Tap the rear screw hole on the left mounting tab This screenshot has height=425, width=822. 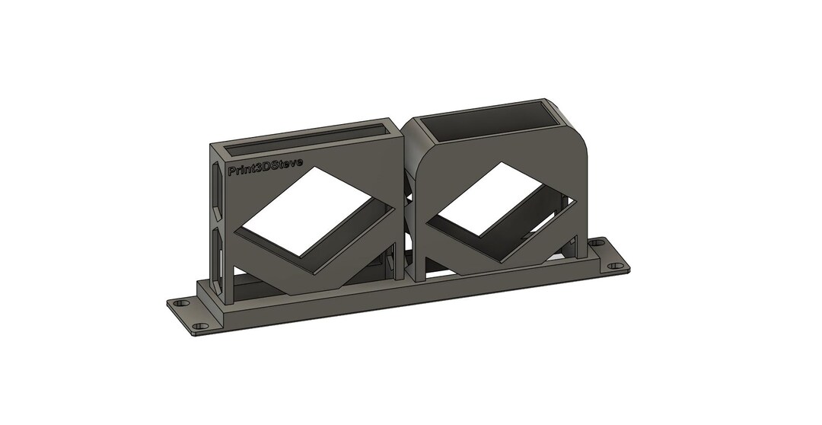pos(180,303)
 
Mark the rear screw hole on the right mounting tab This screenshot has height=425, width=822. pos(597,244)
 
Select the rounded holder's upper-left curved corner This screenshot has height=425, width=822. pos(419,156)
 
